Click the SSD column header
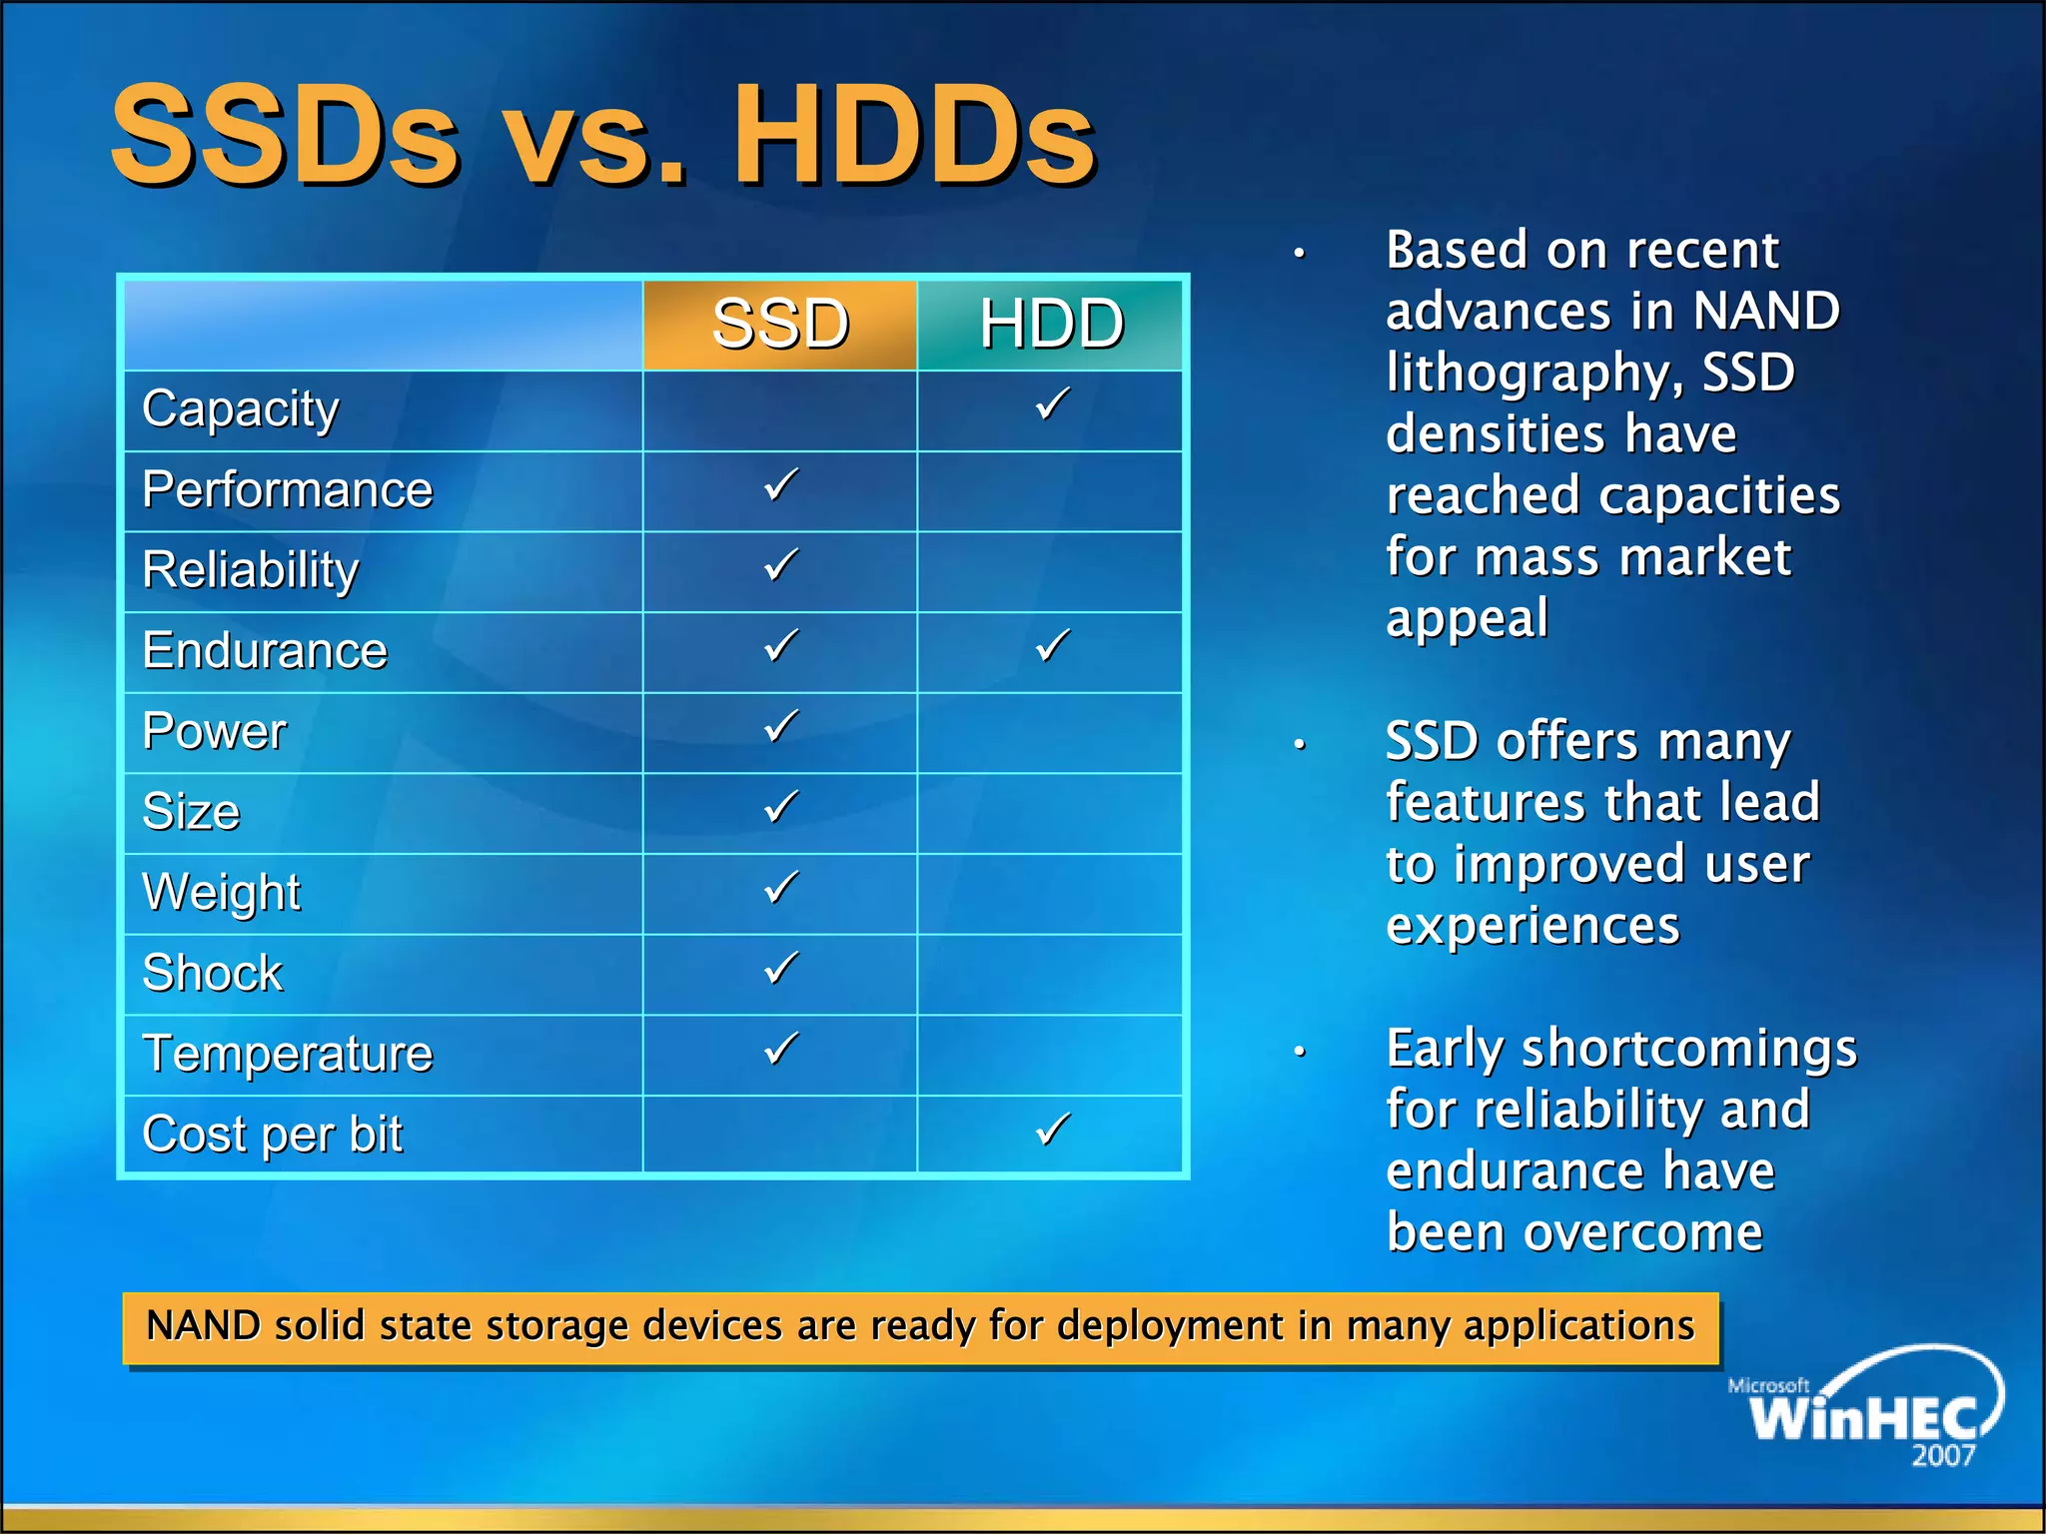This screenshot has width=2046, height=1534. pyautogui.click(x=780, y=325)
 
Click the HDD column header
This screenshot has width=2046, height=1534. pyautogui.click(x=1051, y=325)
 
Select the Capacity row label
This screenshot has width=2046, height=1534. pyautogui.click(x=241, y=409)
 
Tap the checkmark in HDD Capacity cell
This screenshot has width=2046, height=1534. pyautogui.click(x=1052, y=404)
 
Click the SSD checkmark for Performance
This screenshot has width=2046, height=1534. pyautogui.click(x=781, y=485)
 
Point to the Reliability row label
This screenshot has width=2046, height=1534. pyautogui.click(x=250, y=570)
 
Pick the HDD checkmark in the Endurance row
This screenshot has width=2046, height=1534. pyautogui.click(x=1052, y=646)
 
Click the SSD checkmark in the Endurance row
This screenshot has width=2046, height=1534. pyautogui.click(x=781, y=646)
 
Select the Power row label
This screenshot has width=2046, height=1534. pyautogui.click(x=214, y=731)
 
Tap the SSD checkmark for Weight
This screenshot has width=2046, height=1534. pyautogui.click(x=781, y=888)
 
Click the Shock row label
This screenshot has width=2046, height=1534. pyautogui.click(x=212, y=973)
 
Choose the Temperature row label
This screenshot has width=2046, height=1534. pyautogui.click(x=288, y=1054)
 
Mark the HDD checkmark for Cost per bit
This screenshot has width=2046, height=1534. pyautogui.click(x=1052, y=1130)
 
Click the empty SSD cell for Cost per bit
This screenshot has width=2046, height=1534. pyautogui.click(x=780, y=1135)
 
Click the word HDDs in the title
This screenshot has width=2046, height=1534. pyautogui.click(x=914, y=135)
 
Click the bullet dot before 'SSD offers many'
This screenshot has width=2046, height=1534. pyautogui.click(x=1300, y=744)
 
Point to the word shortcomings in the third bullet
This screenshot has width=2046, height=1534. pyautogui.click(x=1688, y=1049)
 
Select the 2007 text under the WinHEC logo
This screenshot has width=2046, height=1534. pyautogui.click(x=1943, y=1455)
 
